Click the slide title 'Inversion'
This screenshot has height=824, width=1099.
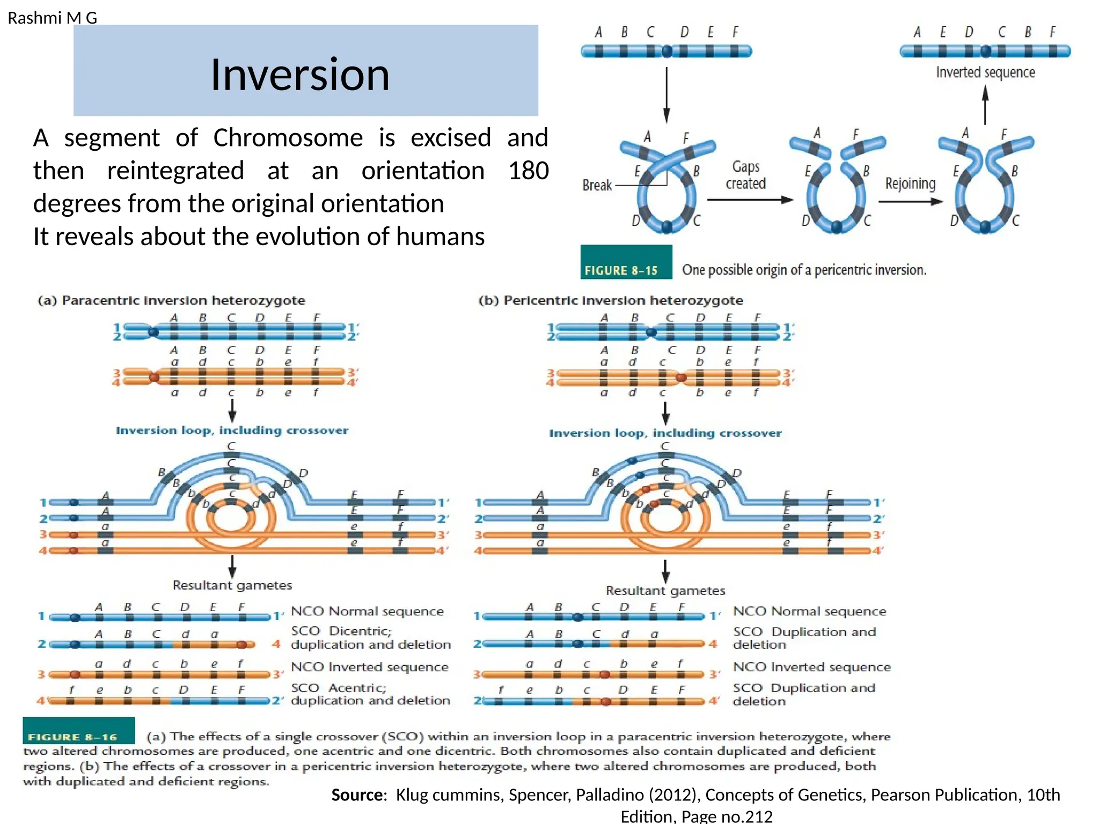coord(299,75)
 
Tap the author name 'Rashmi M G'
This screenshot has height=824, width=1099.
coord(52,18)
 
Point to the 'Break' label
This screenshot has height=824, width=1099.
coord(597,186)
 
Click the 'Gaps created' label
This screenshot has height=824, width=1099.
coord(745,175)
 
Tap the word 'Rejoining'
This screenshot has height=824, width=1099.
coord(910,184)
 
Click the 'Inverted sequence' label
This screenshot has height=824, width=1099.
coord(985,72)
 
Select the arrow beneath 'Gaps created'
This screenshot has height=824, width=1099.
coord(750,200)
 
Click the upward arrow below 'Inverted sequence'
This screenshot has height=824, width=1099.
coord(985,105)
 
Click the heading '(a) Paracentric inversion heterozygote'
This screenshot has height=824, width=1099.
coord(171,300)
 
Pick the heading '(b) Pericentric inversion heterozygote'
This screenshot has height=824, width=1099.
coord(611,300)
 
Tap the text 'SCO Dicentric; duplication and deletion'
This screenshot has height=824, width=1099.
coord(370,638)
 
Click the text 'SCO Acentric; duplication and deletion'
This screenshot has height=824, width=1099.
coord(370,694)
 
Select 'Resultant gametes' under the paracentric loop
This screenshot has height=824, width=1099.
coord(232,585)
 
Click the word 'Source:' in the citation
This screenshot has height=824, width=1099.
coord(359,795)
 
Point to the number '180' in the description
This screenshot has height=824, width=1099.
coord(528,171)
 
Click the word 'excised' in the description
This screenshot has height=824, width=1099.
coord(451,138)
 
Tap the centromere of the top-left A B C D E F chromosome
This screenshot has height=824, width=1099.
coord(667,51)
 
